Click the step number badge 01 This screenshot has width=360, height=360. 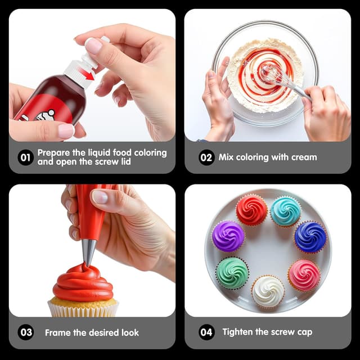click(25, 157)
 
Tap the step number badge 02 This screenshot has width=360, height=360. click(206, 157)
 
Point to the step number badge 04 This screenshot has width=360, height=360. click(206, 332)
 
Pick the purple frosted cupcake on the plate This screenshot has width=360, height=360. click(228, 236)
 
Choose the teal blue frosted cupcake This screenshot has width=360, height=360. click(286, 211)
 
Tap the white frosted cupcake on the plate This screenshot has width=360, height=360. click(268, 291)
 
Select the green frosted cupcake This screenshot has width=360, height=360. click(232, 272)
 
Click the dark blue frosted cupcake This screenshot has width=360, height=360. click(310, 236)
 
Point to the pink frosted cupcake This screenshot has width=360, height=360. click(304, 274)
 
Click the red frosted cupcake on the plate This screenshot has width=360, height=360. click(251, 209)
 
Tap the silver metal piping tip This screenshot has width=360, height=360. click(89, 253)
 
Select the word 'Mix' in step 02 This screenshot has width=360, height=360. click(227, 157)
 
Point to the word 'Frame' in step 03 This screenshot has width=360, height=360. click(58, 332)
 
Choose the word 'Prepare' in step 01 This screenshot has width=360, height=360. click(55, 152)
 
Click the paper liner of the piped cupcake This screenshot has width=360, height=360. click(83, 308)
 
